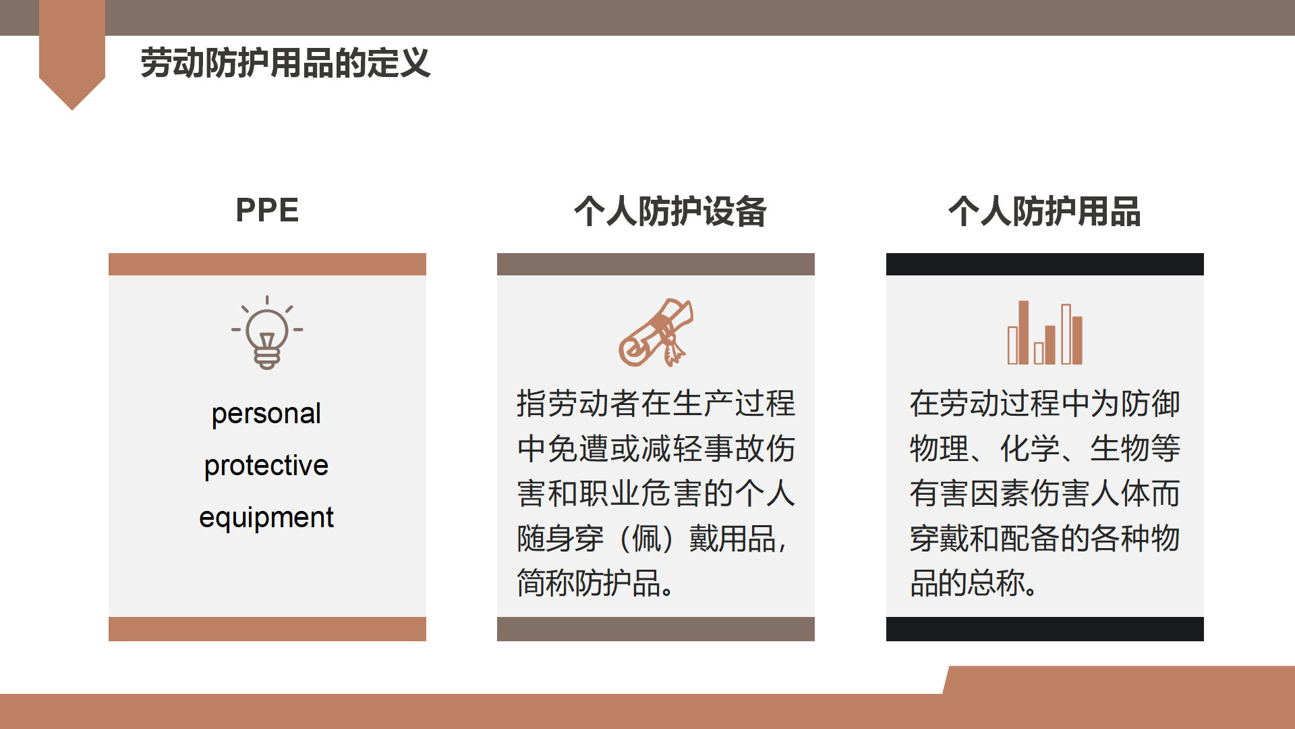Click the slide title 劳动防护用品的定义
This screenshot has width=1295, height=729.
click(x=285, y=63)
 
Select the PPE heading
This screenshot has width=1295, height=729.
click(x=267, y=210)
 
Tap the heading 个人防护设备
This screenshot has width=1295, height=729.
click(x=670, y=211)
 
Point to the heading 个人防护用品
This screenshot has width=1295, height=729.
click(x=1045, y=211)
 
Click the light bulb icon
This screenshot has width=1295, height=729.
click(x=267, y=332)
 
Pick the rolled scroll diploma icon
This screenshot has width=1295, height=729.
click(x=656, y=332)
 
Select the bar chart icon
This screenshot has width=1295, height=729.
click(x=1045, y=332)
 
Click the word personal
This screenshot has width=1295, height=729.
click(x=266, y=414)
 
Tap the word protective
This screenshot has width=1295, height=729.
click(x=266, y=465)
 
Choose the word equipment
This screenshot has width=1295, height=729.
click(x=266, y=517)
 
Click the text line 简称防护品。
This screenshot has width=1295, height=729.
click(x=596, y=583)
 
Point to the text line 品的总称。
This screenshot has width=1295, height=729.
click(x=974, y=583)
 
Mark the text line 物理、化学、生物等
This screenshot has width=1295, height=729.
click(x=1045, y=448)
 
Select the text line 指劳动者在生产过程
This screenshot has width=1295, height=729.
click(x=656, y=404)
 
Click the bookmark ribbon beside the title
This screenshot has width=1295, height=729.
click(x=72, y=54)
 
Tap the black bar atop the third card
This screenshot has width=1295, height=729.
click(x=1045, y=264)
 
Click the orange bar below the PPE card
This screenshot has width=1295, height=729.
click(x=267, y=629)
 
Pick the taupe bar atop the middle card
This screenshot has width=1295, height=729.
click(x=656, y=264)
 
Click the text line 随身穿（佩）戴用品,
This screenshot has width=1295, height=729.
click(x=652, y=539)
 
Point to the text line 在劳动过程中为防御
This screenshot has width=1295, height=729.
click(x=1045, y=404)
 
